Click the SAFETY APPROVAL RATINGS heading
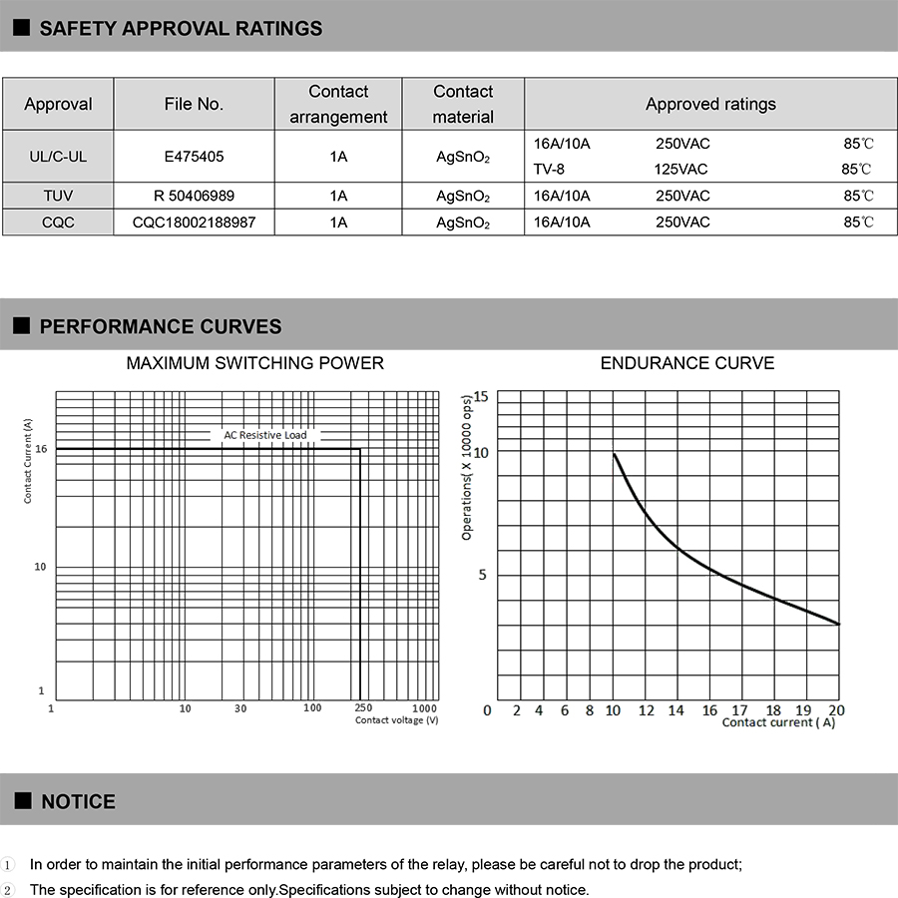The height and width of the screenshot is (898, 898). (x=181, y=28)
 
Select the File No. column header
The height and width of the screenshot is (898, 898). (x=194, y=104)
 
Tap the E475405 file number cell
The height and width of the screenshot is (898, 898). (x=194, y=156)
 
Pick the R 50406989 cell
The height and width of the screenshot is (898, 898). (x=194, y=196)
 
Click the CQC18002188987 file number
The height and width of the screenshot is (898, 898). (x=194, y=222)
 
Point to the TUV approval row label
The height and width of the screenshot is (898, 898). (x=58, y=196)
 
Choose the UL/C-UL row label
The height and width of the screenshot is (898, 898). (x=58, y=156)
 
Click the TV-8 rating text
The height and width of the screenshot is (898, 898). (x=549, y=169)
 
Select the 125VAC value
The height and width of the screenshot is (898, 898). (x=681, y=169)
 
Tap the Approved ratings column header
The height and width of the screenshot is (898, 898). (x=710, y=104)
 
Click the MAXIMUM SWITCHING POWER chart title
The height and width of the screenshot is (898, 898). (x=254, y=363)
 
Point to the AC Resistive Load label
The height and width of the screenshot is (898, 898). (x=265, y=435)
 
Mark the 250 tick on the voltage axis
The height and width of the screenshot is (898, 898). (x=364, y=707)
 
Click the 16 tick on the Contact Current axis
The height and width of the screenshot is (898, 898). (x=41, y=449)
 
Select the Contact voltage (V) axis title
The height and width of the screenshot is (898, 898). (x=396, y=720)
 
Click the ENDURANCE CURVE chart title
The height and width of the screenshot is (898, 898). (x=686, y=363)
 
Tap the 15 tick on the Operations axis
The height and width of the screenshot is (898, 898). (x=481, y=397)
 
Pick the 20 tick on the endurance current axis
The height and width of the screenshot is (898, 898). (x=836, y=710)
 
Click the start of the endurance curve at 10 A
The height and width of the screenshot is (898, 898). (x=614, y=455)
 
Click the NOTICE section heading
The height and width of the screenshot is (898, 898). (x=78, y=801)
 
